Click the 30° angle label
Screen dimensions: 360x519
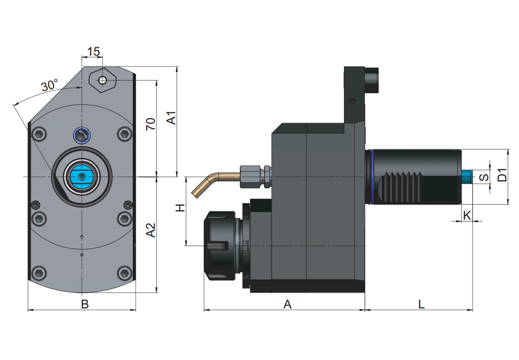[x=50, y=86]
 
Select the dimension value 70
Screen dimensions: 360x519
[x=151, y=124]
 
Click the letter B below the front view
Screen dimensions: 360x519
[x=85, y=305]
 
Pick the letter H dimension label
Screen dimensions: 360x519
[x=180, y=209]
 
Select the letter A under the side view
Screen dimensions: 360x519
[x=287, y=305]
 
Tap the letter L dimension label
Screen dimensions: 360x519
[x=421, y=305]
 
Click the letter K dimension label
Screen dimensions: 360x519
[x=467, y=215]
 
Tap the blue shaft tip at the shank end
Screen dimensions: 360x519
[x=468, y=176]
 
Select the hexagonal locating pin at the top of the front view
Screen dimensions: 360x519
[x=102, y=80]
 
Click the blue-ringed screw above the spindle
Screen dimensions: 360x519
[x=82, y=135]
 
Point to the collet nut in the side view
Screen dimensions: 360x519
[x=221, y=245]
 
